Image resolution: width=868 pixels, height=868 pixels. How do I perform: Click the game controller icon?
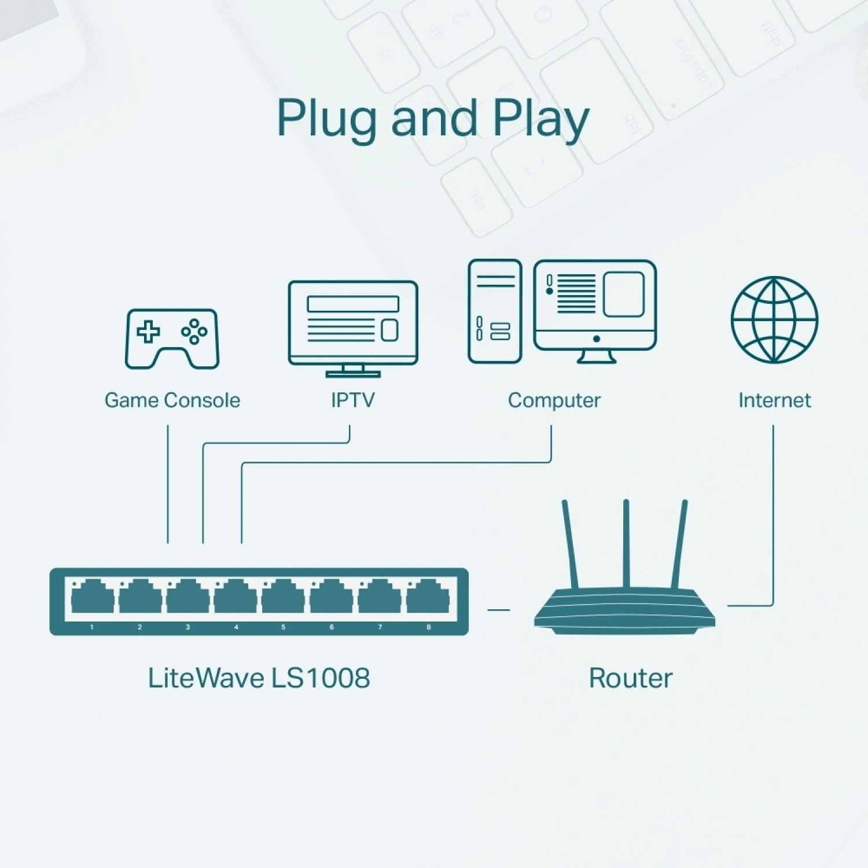[x=172, y=339]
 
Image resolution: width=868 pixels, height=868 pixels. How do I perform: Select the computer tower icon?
[x=495, y=311]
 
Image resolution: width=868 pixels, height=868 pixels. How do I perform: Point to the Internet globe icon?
[x=774, y=319]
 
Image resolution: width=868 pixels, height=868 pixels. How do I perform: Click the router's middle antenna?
[x=626, y=544]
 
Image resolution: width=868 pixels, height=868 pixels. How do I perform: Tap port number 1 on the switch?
[x=93, y=597]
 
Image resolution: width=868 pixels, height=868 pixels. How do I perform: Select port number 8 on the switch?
[x=428, y=597]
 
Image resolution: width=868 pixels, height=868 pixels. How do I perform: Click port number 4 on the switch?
[x=236, y=597]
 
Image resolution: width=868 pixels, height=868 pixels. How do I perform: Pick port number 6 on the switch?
[x=332, y=597]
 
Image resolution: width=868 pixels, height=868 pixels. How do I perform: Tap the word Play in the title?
[x=540, y=119]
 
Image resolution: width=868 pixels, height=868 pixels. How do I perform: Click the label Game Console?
[x=172, y=400]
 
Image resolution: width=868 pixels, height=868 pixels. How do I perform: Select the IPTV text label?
[x=352, y=400]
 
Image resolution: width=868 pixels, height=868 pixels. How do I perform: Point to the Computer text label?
[x=554, y=400]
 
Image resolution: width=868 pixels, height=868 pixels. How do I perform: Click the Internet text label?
[x=774, y=400]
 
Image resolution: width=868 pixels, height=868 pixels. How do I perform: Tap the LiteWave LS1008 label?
[x=259, y=678]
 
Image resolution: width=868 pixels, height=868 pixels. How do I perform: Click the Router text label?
[x=630, y=678]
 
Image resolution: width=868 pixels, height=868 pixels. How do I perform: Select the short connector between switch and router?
[x=499, y=609]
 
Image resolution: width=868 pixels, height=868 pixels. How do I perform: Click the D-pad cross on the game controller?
[x=148, y=332]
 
